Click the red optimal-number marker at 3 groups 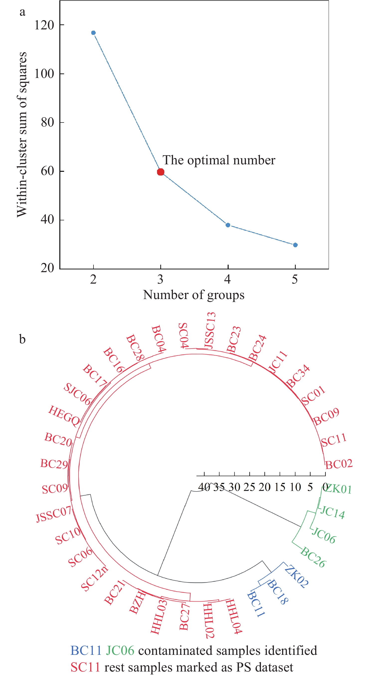[161, 172]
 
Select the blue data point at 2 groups [93, 33]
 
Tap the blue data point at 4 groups [228, 225]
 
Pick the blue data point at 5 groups [295, 245]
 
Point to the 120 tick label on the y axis [44, 25]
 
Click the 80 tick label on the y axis [47, 122]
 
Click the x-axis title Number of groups [194, 295]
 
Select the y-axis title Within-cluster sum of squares [22, 135]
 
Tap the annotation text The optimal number [219, 160]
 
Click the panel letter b [23, 339]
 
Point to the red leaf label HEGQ [64, 416]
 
